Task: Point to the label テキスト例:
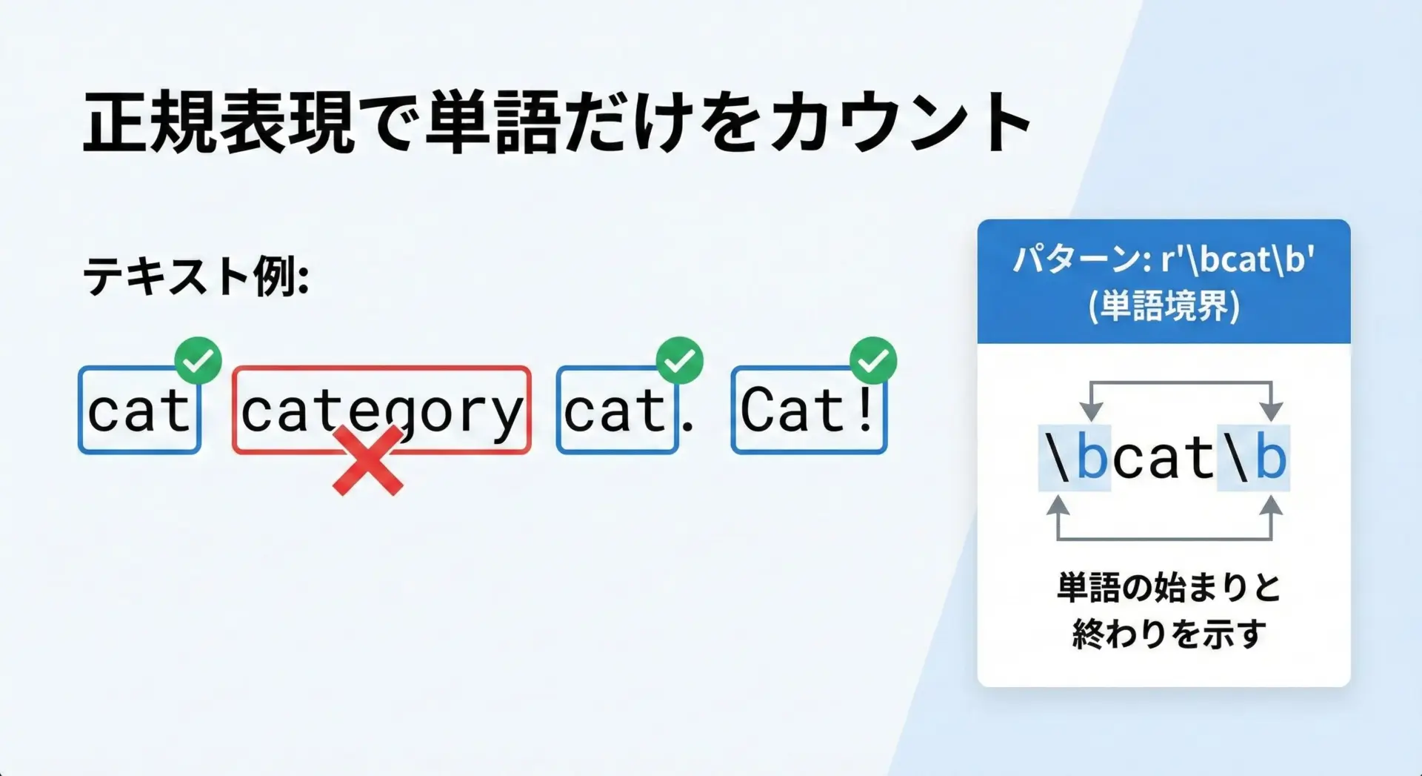coord(196,276)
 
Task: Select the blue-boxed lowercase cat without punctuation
coord(139,410)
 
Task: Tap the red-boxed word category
coord(381,410)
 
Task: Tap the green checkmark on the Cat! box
coord(873,361)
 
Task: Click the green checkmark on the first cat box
coord(198,361)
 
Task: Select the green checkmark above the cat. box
coord(680,361)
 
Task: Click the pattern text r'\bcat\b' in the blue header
coord(1238,259)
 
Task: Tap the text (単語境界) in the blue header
coord(1164,305)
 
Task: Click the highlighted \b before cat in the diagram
coord(1075,458)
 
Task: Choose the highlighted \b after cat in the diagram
coord(1253,458)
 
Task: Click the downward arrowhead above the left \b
coord(1090,411)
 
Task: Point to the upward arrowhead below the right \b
coord(1271,506)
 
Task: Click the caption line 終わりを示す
coord(1169,634)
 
